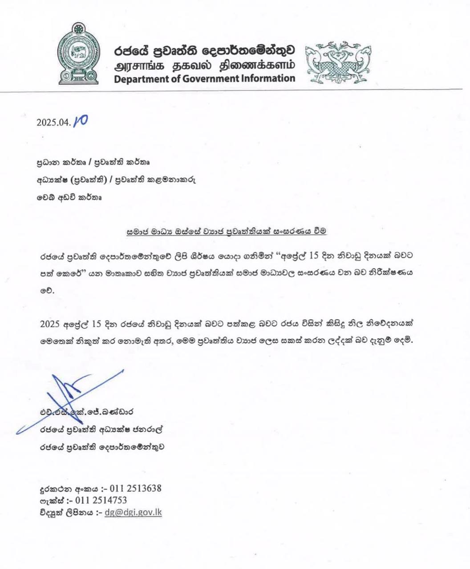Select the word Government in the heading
pos(198,79)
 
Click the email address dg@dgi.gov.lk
pos(133,512)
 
